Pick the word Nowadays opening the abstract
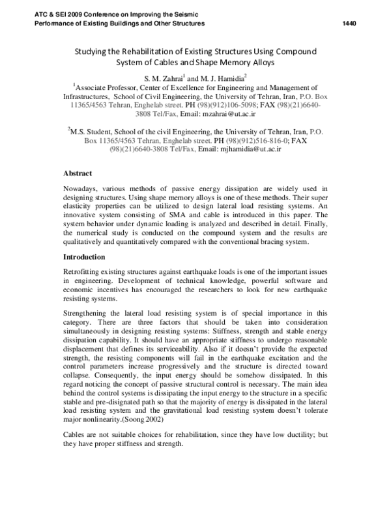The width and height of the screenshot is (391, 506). [x=81, y=189]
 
